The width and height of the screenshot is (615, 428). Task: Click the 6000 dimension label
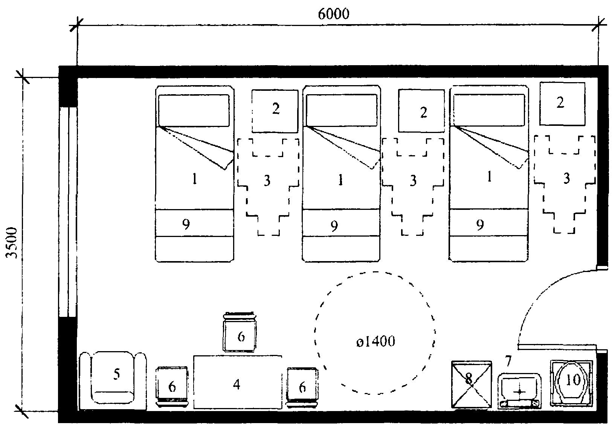click(x=334, y=14)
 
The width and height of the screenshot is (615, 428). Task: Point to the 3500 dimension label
click(x=12, y=243)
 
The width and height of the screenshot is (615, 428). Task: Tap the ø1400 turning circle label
click(x=375, y=341)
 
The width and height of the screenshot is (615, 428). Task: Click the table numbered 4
click(x=238, y=382)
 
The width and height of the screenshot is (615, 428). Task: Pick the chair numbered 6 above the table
click(x=240, y=332)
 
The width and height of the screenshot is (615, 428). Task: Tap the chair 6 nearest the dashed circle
click(x=302, y=387)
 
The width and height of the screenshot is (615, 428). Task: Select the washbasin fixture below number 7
click(x=519, y=391)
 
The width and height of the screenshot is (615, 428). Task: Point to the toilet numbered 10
click(x=572, y=383)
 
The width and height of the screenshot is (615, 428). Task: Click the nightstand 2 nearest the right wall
click(x=562, y=104)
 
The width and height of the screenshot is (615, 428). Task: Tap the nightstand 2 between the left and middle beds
click(x=275, y=111)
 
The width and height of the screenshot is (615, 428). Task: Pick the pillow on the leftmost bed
click(x=194, y=110)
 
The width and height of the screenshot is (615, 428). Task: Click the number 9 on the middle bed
click(x=334, y=226)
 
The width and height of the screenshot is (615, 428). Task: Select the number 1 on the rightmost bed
click(x=489, y=176)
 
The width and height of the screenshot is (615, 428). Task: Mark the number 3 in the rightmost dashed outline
click(x=567, y=178)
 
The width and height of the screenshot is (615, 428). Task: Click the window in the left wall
click(x=68, y=212)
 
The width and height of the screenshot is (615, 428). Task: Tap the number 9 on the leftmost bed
click(x=186, y=225)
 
